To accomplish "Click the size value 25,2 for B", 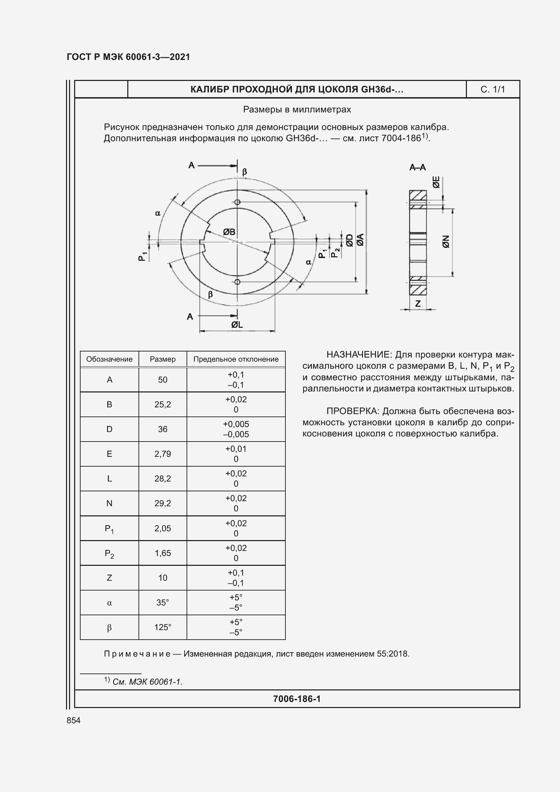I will pyautogui.click(x=163, y=405).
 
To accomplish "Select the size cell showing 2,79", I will pyautogui.click(x=163, y=454).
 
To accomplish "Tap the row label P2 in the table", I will pyautogui.click(x=109, y=554).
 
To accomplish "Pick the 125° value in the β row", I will pyautogui.click(x=163, y=627).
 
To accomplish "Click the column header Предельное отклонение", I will pyautogui.click(x=236, y=359).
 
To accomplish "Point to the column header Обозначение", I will pyautogui.click(x=109, y=359).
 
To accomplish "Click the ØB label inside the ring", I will pyautogui.click(x=229, y=232).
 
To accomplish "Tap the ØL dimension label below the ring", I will pyautogui.click(x=237, y=325).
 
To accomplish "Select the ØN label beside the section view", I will pyautogui.click(x=446, y=241).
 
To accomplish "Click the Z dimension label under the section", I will pyautogui.click(x=418, y=303).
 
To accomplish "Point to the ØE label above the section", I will pyautogui.click(x=436, y=182).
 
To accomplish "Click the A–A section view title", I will pyautogui.click(x=417, y=168).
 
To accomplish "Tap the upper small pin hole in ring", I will pyautogui.click(x=237, y=202).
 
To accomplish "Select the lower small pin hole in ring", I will pyautogui.click(x=237, y=282).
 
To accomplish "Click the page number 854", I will pyautogui.click(x=73, y=720).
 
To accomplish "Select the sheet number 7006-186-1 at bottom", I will pyautogui.click(x=297, y=699).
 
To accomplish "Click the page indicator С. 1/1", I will pyautogui.click(x=492, y=90).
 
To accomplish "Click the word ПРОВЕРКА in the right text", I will pyautogui.click(x=352, y=411).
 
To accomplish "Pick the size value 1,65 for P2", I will pyautogui.click(x=163, y=553).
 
